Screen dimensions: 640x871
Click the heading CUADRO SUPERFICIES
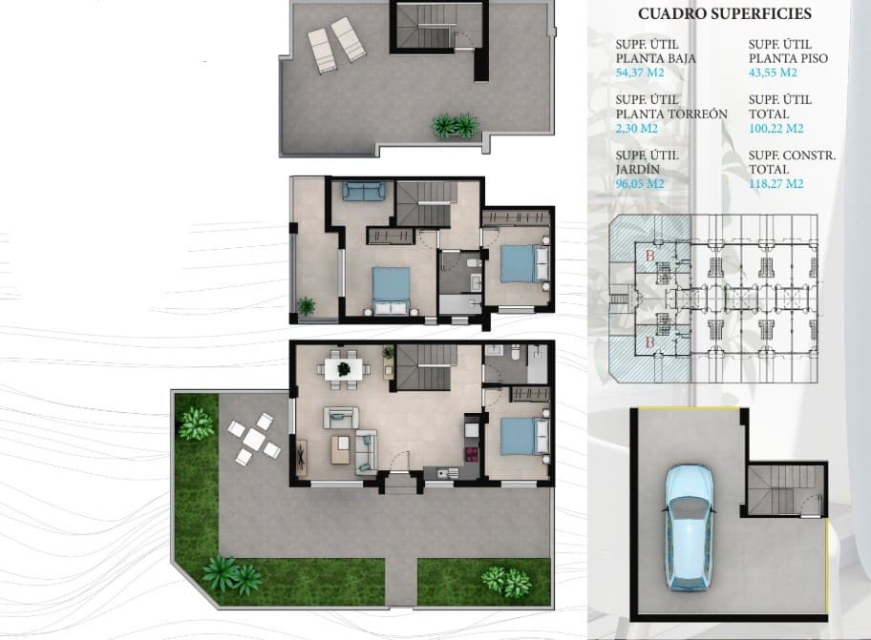pos(725,14)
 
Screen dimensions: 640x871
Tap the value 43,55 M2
pos(773,72)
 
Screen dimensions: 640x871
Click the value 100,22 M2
pos(776,128)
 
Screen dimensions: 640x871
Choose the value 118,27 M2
pos(776,184)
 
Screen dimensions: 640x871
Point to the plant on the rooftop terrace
pos(455,124)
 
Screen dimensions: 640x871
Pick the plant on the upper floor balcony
pos(306,306)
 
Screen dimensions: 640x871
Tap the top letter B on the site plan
pos(650,256)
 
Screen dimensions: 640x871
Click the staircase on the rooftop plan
pos(422,26)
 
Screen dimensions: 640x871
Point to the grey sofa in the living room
pos(341,417)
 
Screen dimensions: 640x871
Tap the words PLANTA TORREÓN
pos(671,114)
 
